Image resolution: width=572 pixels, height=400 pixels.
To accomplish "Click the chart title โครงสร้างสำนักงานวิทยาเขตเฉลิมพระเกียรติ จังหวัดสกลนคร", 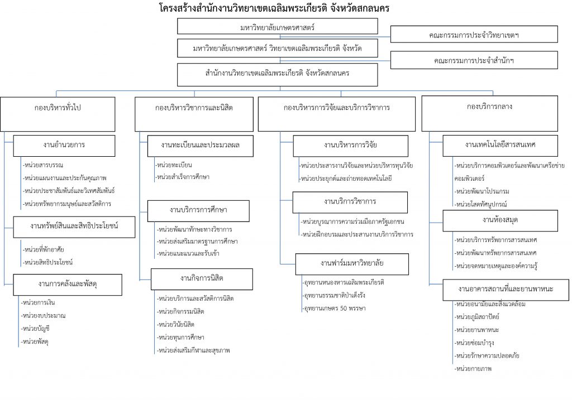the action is pos(274,8).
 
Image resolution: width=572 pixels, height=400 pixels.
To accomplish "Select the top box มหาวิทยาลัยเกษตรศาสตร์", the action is pos(277,27).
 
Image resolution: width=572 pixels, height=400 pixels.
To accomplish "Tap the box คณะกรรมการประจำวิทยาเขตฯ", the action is pos(474,35).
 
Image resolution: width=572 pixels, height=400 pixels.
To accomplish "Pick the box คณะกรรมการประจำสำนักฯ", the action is pos(474,60).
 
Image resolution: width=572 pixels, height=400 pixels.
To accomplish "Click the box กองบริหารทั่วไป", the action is pos(58,114).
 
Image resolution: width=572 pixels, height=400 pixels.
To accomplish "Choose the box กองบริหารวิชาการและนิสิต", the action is pos(194,114).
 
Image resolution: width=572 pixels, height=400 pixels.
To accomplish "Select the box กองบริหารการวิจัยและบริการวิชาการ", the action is pos(337,114).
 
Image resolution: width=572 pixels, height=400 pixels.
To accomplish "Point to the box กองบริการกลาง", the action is pos(489,113).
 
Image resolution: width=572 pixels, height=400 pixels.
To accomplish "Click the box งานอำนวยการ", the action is pos(64,146).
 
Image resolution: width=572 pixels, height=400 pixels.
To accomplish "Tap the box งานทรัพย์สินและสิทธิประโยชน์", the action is pos(74,227).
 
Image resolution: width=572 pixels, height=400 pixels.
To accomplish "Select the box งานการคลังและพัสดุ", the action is pos(68,285).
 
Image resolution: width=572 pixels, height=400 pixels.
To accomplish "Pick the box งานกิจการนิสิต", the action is pos(202,279).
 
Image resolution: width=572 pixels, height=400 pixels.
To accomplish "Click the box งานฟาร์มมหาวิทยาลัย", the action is pos(352,264).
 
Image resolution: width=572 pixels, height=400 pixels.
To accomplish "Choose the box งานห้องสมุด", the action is pos(500,220).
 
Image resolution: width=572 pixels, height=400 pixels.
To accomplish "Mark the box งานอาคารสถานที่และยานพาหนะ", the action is pos(506,290).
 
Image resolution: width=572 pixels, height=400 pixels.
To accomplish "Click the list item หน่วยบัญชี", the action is pos(35,329).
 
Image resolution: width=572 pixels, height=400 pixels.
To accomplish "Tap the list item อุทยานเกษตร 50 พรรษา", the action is pos(335,308).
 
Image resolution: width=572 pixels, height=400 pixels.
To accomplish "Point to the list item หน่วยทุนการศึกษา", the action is pos(180,338).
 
